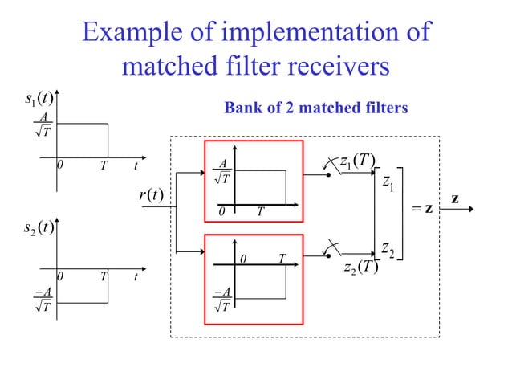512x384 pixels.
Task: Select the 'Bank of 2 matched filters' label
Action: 315,108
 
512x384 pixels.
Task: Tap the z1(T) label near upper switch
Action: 357,161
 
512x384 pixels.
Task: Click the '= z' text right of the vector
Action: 421,209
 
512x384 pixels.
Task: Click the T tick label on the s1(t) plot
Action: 104,166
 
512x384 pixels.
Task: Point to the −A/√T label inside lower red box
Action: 222,299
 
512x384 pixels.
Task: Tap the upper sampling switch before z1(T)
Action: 328,167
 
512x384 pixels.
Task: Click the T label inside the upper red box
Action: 259,212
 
